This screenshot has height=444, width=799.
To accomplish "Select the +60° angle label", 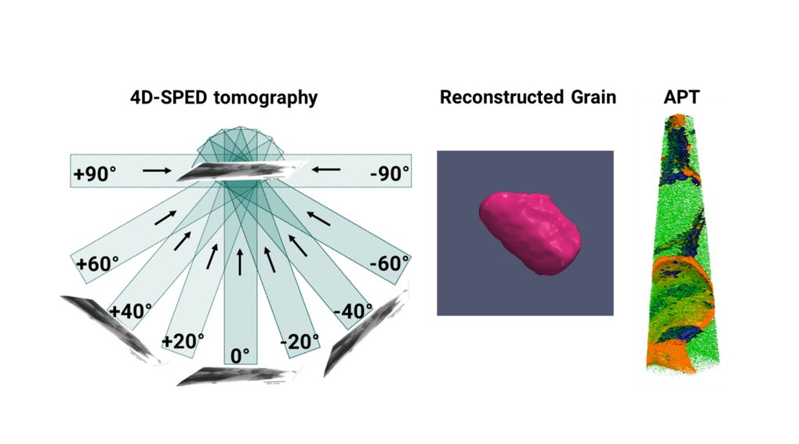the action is tap(98, 263).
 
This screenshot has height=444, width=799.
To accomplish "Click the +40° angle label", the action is tap(131, 311).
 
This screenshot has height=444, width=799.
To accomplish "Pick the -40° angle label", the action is tap(353, 311).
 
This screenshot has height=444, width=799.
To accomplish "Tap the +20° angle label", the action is tap(183, 340).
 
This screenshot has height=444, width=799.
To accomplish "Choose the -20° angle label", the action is tap(300, 340).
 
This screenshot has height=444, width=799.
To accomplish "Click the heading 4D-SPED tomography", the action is tap(223, 97).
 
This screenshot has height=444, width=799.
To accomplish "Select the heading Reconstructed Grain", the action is tap(528, 97).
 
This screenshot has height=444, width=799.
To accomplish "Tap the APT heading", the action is tap(679, 97).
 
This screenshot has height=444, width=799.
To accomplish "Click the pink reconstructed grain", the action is tap(530, 232).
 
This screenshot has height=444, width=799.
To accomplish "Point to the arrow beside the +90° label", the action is tap(156, 169).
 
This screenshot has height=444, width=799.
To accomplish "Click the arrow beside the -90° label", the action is tap(325, 169).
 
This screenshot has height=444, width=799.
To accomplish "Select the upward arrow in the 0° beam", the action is tap(240, 262).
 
